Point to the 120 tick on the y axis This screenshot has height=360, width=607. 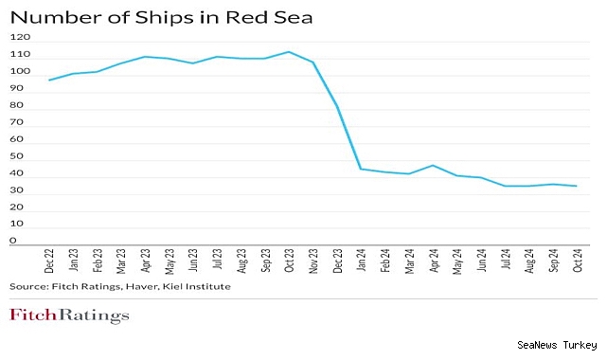21,37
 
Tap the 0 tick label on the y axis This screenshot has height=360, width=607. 13,242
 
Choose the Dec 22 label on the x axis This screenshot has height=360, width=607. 49,261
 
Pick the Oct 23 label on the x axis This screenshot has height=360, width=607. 289,261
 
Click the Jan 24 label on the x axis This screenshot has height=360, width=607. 361,261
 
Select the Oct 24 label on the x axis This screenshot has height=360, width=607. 576,261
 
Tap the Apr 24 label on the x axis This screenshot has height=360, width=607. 433,261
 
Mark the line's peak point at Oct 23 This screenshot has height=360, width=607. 289,51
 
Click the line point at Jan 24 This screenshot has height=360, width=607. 361,169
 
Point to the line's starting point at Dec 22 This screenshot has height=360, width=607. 49,80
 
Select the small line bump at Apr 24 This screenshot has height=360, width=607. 433,165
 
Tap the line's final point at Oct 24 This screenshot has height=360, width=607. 576,186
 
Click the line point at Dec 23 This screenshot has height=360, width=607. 336,105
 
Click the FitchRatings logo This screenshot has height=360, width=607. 69,315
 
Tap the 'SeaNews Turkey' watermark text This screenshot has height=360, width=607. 558,347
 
